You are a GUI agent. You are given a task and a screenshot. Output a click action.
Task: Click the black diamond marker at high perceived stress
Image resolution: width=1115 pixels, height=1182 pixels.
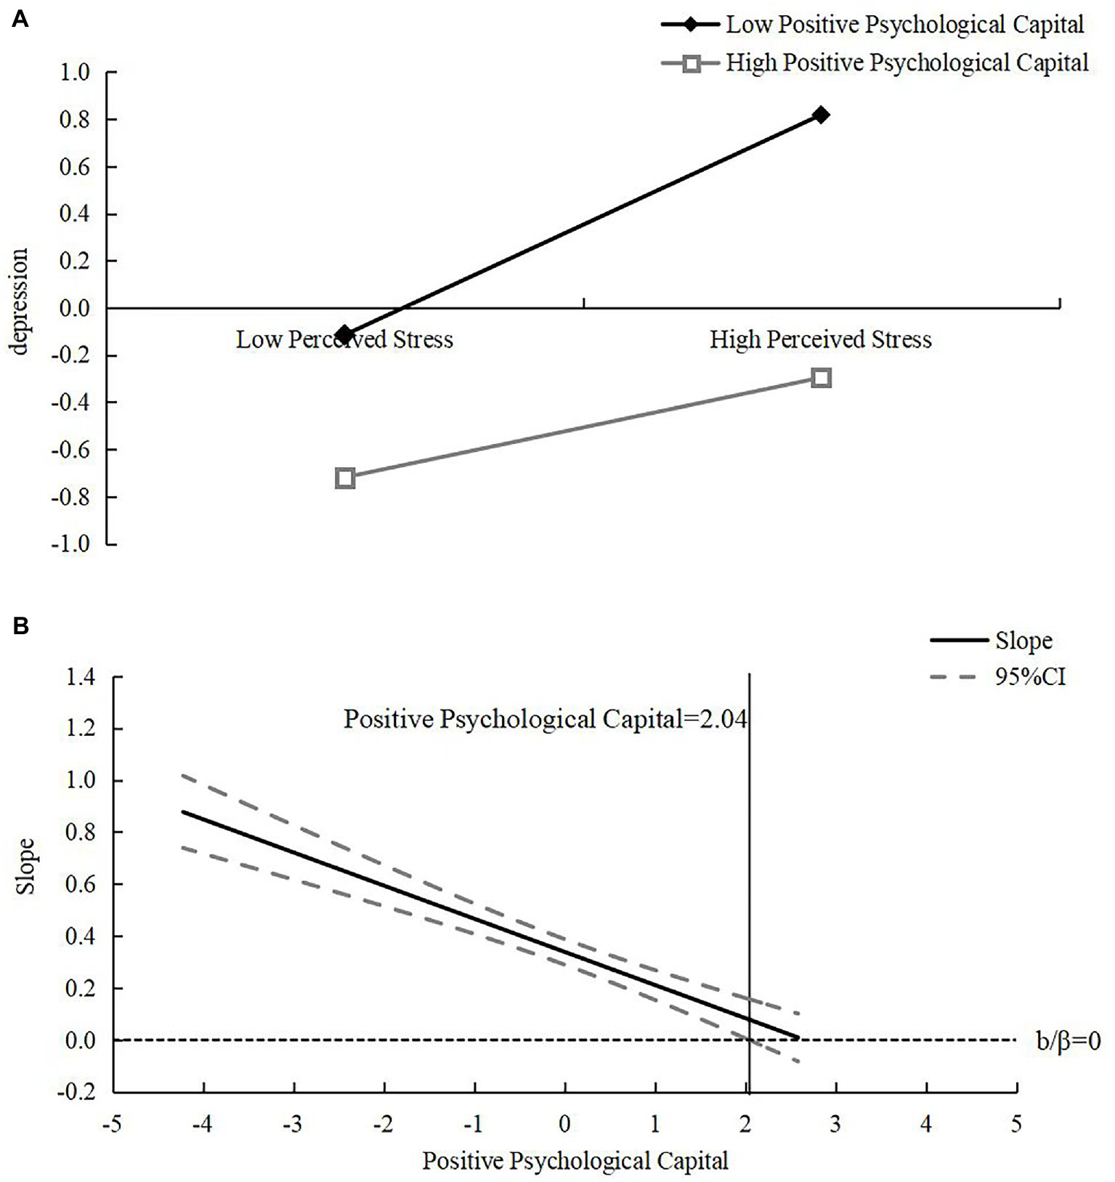point(821,115)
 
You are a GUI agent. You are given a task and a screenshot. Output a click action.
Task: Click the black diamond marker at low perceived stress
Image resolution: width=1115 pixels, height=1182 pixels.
point(344,335)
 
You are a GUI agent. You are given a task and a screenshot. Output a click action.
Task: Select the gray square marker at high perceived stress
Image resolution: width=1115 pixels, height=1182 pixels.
point(821,378)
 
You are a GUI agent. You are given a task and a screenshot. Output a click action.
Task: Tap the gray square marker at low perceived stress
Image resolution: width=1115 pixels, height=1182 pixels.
point(345,478)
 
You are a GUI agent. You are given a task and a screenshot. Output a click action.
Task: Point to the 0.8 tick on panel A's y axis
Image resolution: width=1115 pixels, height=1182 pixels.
point(75,120)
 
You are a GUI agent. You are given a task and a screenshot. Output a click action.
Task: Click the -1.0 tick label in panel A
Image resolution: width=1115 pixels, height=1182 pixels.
point(70,544)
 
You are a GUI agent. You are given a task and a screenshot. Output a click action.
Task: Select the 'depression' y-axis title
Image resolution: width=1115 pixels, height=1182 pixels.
point(20,301)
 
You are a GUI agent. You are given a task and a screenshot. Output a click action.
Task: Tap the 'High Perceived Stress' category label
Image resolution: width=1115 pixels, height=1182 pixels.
point(820,340)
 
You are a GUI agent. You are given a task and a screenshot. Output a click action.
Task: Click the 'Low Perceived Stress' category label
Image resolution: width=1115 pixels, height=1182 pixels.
point(344,340)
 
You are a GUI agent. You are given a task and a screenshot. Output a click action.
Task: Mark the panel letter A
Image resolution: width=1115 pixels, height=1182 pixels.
point(20,20)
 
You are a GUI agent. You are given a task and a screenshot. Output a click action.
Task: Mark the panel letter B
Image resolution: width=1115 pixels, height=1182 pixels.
point(20,625)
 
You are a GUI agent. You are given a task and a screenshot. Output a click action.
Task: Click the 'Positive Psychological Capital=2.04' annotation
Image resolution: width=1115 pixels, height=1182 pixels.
point(545,719)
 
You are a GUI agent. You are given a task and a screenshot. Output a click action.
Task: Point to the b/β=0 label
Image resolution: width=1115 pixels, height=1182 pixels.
point(1068,1041)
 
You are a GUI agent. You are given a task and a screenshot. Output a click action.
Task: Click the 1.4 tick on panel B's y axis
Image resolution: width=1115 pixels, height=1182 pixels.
point(80,677)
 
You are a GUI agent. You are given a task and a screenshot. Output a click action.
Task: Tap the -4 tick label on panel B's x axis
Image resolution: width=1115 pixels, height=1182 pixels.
point(203,1125)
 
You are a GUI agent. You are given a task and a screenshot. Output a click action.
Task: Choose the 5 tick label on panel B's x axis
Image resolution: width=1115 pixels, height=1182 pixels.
point(1015,1125)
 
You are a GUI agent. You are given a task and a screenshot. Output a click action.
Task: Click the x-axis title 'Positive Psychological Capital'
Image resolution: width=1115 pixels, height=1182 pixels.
point(575,1161)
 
